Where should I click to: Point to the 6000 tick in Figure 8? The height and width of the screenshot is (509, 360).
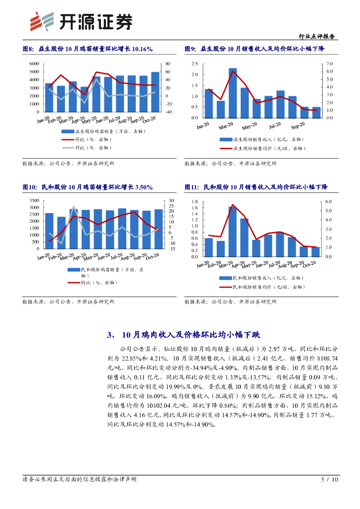tap(34, 64)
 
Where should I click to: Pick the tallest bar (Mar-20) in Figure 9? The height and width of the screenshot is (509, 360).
tap(233, 93)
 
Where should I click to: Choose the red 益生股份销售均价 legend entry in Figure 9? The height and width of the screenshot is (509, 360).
tap(271, 148)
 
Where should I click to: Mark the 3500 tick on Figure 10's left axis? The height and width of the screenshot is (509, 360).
tap(34, 200)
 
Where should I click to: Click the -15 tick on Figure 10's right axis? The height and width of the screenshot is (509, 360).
tap(172, 249)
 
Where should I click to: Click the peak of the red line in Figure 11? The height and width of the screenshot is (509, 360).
tap(233, 204)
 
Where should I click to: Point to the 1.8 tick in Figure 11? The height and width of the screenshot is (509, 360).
tap(195, 202)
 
